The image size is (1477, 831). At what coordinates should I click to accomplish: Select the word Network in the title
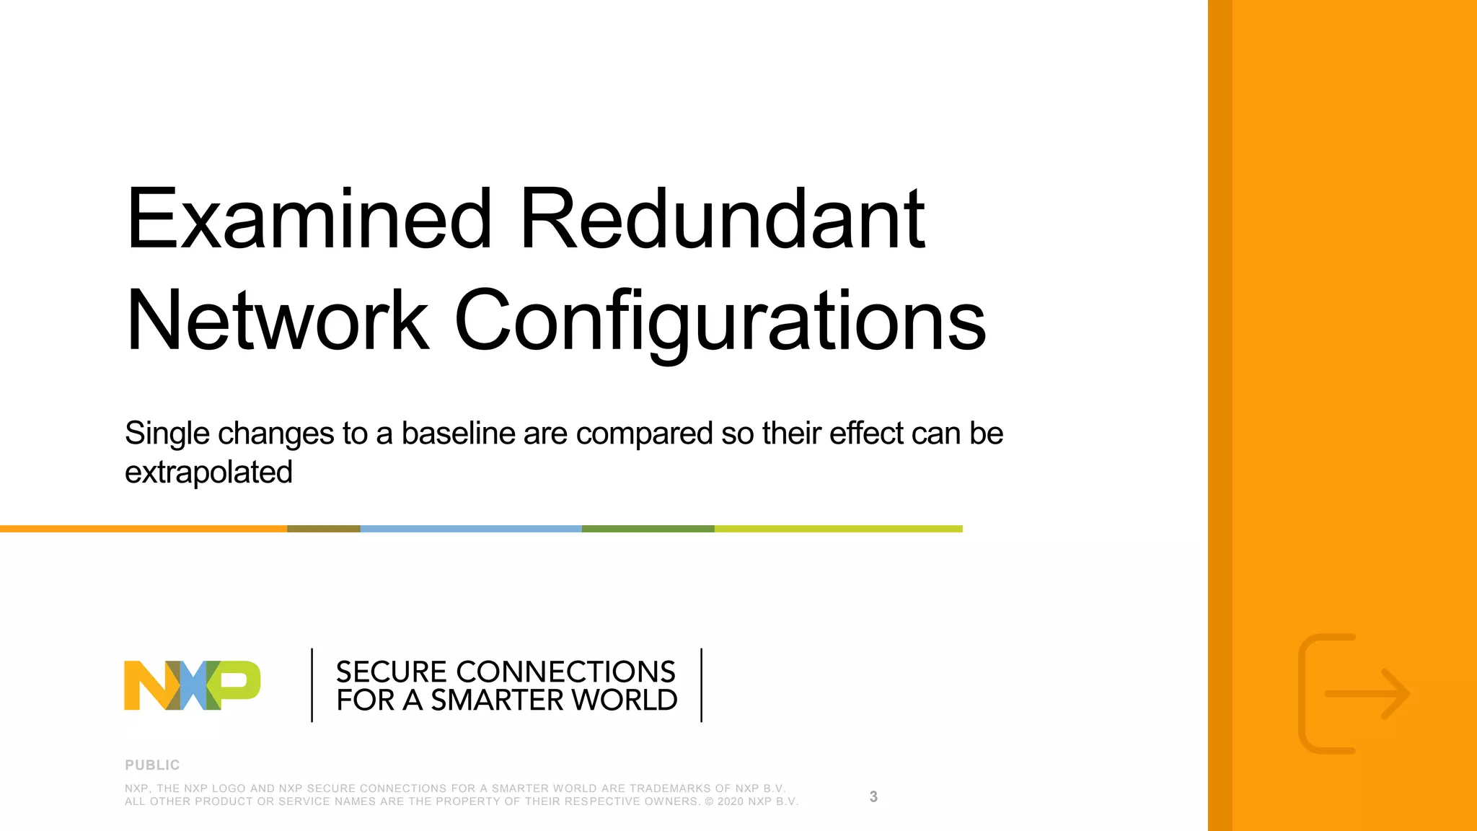278,320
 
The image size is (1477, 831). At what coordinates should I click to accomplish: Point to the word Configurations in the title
720,322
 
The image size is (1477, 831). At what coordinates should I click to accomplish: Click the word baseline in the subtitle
459,434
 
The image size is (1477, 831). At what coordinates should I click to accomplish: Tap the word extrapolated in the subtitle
208,472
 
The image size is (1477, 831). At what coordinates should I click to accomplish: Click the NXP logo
193,685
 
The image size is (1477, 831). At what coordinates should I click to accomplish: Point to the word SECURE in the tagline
392,672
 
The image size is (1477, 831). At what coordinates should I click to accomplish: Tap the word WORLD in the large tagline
625,700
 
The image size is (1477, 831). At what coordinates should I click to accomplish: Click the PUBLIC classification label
152,765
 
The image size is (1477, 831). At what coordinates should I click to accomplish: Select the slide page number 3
873,796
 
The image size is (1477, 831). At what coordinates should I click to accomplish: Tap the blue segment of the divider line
470,529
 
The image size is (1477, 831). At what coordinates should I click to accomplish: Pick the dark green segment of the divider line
648,529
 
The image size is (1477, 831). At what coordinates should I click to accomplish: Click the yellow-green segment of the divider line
838,529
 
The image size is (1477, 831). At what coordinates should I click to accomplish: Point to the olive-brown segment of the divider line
323,529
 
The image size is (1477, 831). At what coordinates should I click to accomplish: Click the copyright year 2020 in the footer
731,801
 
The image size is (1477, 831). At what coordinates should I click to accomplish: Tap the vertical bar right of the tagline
701,685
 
